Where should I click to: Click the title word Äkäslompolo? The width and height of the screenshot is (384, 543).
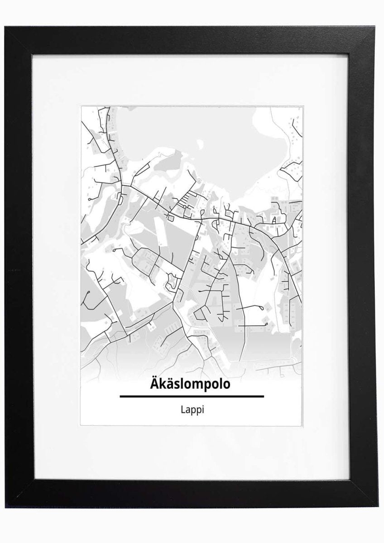[192, 384]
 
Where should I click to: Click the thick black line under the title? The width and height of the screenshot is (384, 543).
[192, 396]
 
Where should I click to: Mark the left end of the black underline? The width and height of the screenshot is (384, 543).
[120, 396]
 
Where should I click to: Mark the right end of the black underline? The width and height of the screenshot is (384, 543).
[263, 396]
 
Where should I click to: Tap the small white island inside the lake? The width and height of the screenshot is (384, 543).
[198, 146]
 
